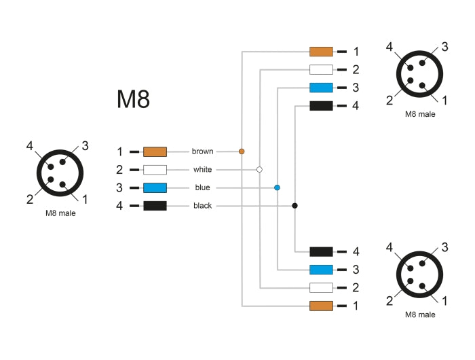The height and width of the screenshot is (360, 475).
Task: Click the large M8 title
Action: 133,99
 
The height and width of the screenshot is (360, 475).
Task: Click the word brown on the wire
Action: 202,151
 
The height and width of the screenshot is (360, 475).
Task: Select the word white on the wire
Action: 202,169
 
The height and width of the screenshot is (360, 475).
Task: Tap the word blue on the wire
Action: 202,187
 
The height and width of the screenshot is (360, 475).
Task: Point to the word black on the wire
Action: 202,206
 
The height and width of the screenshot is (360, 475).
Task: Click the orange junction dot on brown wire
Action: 242,151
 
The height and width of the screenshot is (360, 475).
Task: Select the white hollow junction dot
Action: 259,169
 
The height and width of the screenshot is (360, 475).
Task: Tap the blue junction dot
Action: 277,187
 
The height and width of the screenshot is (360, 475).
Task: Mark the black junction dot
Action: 294,205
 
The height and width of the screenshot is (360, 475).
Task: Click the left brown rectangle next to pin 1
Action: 155,151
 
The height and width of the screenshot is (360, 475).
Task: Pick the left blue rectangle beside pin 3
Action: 155,187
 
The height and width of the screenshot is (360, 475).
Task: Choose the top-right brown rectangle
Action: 321,51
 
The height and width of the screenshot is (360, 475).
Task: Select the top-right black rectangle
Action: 321,106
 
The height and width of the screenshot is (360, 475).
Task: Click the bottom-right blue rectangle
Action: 321,269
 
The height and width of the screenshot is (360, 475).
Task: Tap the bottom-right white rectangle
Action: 321,287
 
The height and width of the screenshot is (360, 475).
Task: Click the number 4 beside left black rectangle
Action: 119,206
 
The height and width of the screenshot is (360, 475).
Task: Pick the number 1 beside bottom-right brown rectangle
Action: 356,306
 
